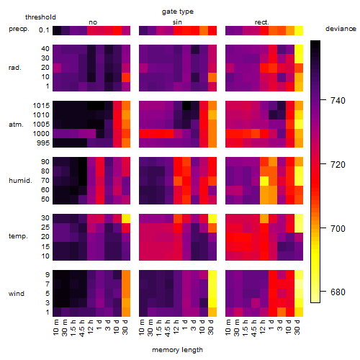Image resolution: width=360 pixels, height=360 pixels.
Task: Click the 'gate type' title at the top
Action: [x=178, y=12]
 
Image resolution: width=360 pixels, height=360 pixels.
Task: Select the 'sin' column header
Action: [x=177, y=22]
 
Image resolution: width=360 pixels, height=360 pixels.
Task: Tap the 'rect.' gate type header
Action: [x=262, y=22]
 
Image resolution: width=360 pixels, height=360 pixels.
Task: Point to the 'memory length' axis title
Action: [x=177, y=350]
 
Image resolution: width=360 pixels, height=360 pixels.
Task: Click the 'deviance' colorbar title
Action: [x=341, y=29]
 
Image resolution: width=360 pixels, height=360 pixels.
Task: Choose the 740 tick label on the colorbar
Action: [x=338, y=100]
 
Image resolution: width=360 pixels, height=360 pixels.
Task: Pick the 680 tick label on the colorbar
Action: [x=338, y=292]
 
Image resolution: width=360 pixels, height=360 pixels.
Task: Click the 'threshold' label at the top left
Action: [x=40, y=17]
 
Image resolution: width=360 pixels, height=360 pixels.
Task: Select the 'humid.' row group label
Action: [x=20, y=181]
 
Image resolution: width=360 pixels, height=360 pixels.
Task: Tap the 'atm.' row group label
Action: [x=16, y=125]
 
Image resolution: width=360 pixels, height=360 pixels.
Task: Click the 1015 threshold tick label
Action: [x=41, y=106]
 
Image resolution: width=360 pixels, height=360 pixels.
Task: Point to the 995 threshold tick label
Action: [x=43, y=143]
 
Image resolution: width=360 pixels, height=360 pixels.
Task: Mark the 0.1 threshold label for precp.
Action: [x=44, y=30]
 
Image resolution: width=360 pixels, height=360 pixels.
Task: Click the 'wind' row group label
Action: [x=17, y=294]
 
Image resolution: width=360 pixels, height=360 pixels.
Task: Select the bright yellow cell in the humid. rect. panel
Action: [x=264, y=181]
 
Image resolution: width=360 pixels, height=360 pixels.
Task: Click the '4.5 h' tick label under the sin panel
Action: [x=168, y=328]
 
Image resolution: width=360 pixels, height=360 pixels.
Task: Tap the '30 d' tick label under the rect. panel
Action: [x=297, y=328]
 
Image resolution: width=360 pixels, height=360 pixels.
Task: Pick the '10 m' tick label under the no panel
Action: [x=56, y=328]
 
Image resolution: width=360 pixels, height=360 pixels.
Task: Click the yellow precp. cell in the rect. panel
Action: [x=299, y=30]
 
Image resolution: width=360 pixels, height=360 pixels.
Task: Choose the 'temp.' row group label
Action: [x=18, y=236]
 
